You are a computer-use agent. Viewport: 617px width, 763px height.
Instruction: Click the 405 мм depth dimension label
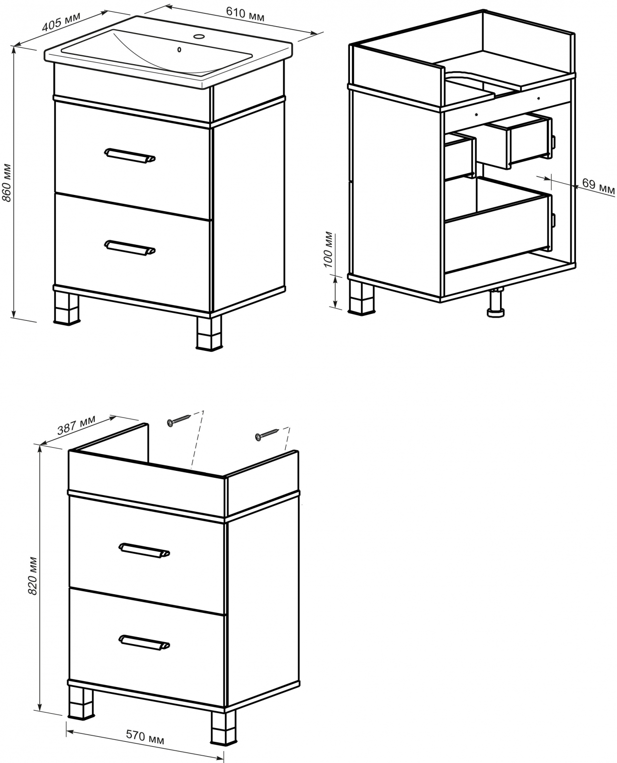click(61, 22)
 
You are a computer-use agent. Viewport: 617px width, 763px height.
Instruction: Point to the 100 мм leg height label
click(328, 250)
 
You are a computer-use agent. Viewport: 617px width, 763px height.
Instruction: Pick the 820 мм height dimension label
click(33, 576)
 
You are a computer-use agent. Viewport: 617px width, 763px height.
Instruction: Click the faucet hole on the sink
click(199, 36)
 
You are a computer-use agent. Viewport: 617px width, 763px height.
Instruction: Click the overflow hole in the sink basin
click(180, 50)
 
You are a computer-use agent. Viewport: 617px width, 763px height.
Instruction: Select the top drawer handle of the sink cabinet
click(130, 156)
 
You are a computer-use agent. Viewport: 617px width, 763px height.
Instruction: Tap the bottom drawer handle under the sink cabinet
click(130, 248)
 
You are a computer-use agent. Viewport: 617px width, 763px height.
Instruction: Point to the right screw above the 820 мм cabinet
click(267, 434)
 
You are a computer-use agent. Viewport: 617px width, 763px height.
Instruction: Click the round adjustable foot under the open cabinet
click(496, 303)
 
